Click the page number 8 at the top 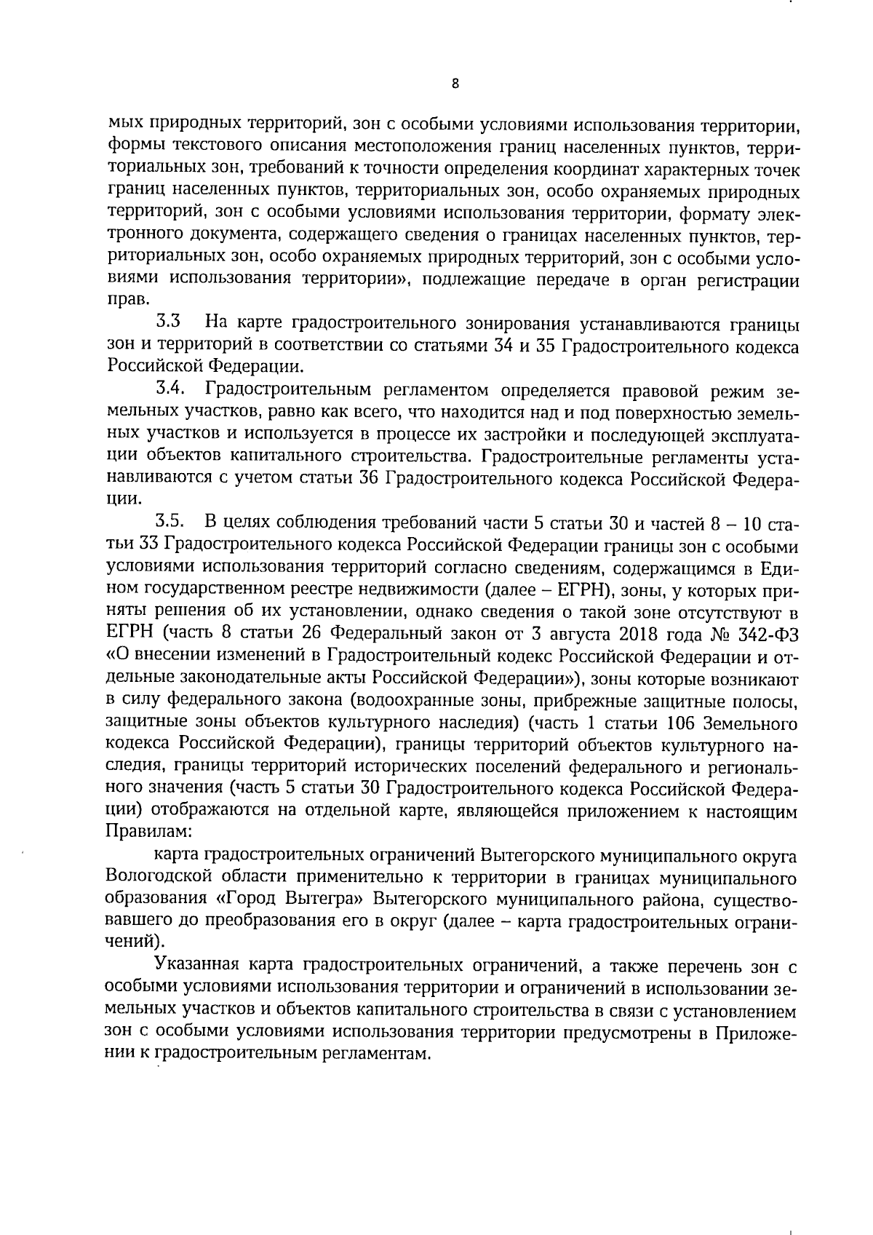[x=455, y=84]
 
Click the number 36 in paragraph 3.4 [x=368, y=478]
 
